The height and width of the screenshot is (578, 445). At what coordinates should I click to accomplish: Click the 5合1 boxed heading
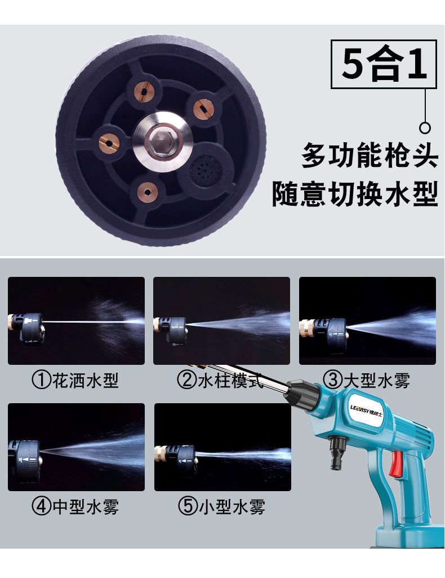click(384, 64)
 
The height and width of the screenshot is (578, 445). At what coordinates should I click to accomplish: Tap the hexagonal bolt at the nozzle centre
click(162, 142)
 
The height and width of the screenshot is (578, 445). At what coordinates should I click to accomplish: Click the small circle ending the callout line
click(425, 128)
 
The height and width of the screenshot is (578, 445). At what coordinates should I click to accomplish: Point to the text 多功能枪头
click(370, 156)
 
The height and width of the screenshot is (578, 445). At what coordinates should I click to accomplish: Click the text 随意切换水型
click(355, 193)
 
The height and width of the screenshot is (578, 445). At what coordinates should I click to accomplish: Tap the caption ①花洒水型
click(75, 380)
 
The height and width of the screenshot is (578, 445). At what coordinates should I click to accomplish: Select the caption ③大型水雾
click(366, 380)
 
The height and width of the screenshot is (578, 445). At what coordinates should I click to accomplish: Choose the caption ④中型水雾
click(75, 507)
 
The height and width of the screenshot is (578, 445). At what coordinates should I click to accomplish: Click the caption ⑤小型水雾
click(221, 507)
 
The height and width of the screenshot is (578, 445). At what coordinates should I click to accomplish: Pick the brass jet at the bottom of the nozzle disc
click(148, 192)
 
